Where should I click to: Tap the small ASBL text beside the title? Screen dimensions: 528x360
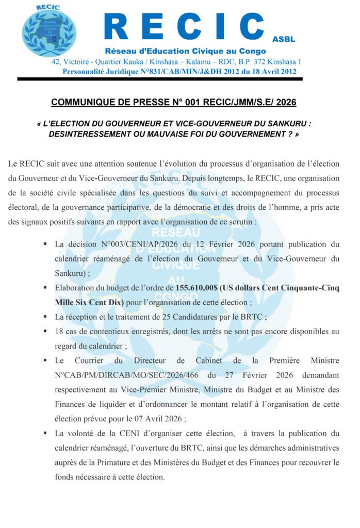click(283, 39)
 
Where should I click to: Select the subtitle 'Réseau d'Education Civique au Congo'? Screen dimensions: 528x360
click(185, 51)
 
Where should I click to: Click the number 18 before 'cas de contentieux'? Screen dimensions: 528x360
click(59, 332)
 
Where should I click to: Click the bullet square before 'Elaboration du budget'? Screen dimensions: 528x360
click(45, 288)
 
